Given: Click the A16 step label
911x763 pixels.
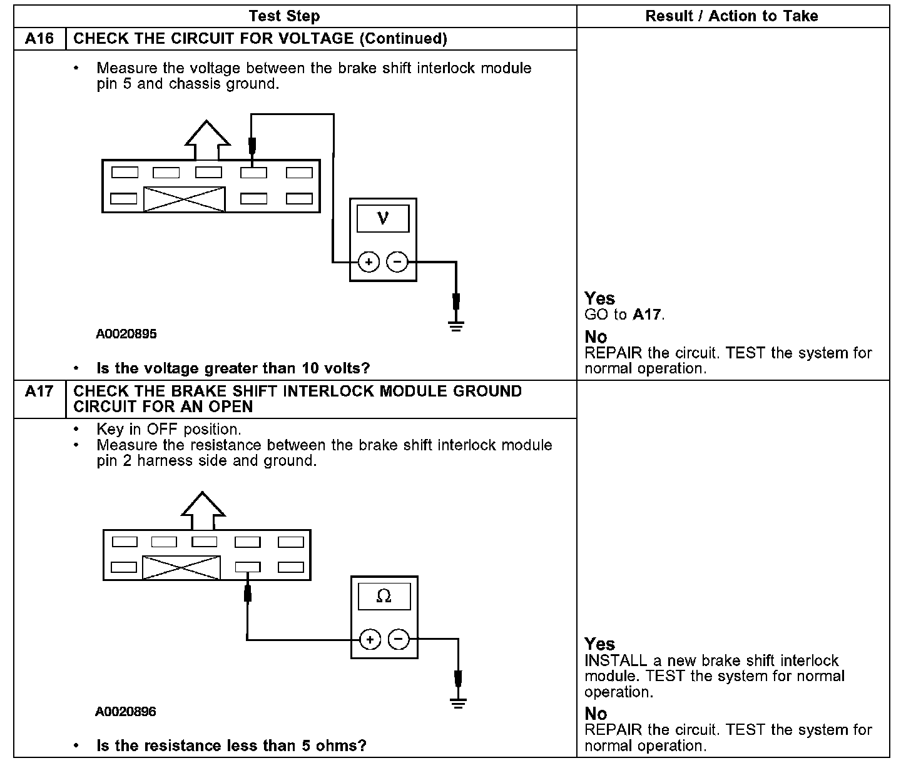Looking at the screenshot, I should click(x=39, y=39).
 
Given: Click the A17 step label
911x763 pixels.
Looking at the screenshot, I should click(x=39, y=392).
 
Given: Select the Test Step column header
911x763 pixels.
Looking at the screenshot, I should click(x=284, y=16).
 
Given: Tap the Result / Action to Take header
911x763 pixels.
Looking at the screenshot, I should click(x=731, y=16).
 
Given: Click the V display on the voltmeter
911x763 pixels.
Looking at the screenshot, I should click(x=383, y=218).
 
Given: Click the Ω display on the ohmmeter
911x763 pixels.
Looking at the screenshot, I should click(x=384, y=597).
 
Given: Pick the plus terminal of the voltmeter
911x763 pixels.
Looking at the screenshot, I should click(x=369, y=262).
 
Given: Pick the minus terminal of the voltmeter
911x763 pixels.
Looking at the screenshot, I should click(x=397, y=262).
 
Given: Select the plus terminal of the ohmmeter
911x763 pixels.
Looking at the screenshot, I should click(x=370, y=639).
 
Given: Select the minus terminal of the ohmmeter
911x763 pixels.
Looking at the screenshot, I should click(x=399, y=639).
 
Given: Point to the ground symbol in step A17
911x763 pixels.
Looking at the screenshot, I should click(x=459, y=704).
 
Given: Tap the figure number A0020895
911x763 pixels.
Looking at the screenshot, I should click(x=126, y=334).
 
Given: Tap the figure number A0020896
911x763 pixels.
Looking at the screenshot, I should click(x=126, y=712).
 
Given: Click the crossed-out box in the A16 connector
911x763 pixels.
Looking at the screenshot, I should click(x=184, y=199).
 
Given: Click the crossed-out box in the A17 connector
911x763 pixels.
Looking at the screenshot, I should click(x=181, y=568).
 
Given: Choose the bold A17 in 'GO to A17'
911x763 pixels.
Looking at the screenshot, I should click(x=646, y=314).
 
